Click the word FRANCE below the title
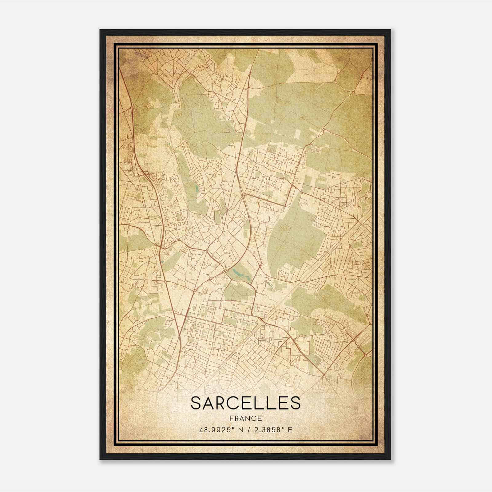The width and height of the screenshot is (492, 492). pyautogui.click(x=245, y=419)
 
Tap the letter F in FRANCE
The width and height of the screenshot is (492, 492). pyautogui.click(x=231, y=419)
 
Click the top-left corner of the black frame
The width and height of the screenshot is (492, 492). pyautogui.click(x=100, y=30)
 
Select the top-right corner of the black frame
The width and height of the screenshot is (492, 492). pyautogui.click(x=391, y=30)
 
